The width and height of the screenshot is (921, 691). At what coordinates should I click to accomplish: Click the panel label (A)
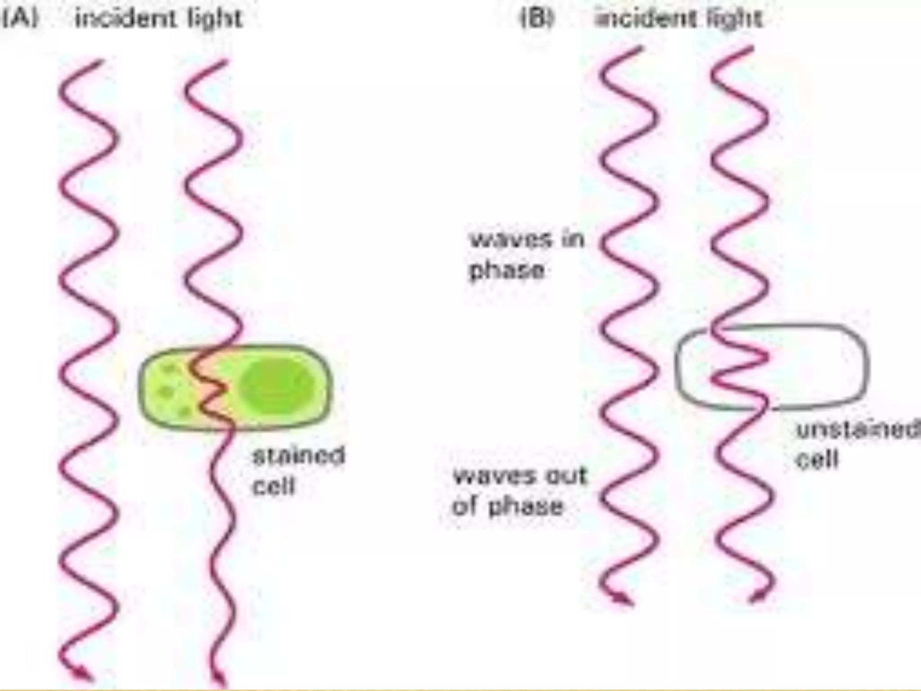coord(20,18)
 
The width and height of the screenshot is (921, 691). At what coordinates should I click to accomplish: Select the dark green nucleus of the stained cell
coord(275,386)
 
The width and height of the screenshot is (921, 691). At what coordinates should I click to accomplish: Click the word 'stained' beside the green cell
coord(299,456)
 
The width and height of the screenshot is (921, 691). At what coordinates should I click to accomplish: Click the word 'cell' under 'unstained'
coord(817,459)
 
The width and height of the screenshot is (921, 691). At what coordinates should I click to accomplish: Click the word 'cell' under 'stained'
coord(273,486)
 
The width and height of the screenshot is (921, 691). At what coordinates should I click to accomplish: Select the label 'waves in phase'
coord(526,255)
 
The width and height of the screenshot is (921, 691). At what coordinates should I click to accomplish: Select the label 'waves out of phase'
coord(519,491)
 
